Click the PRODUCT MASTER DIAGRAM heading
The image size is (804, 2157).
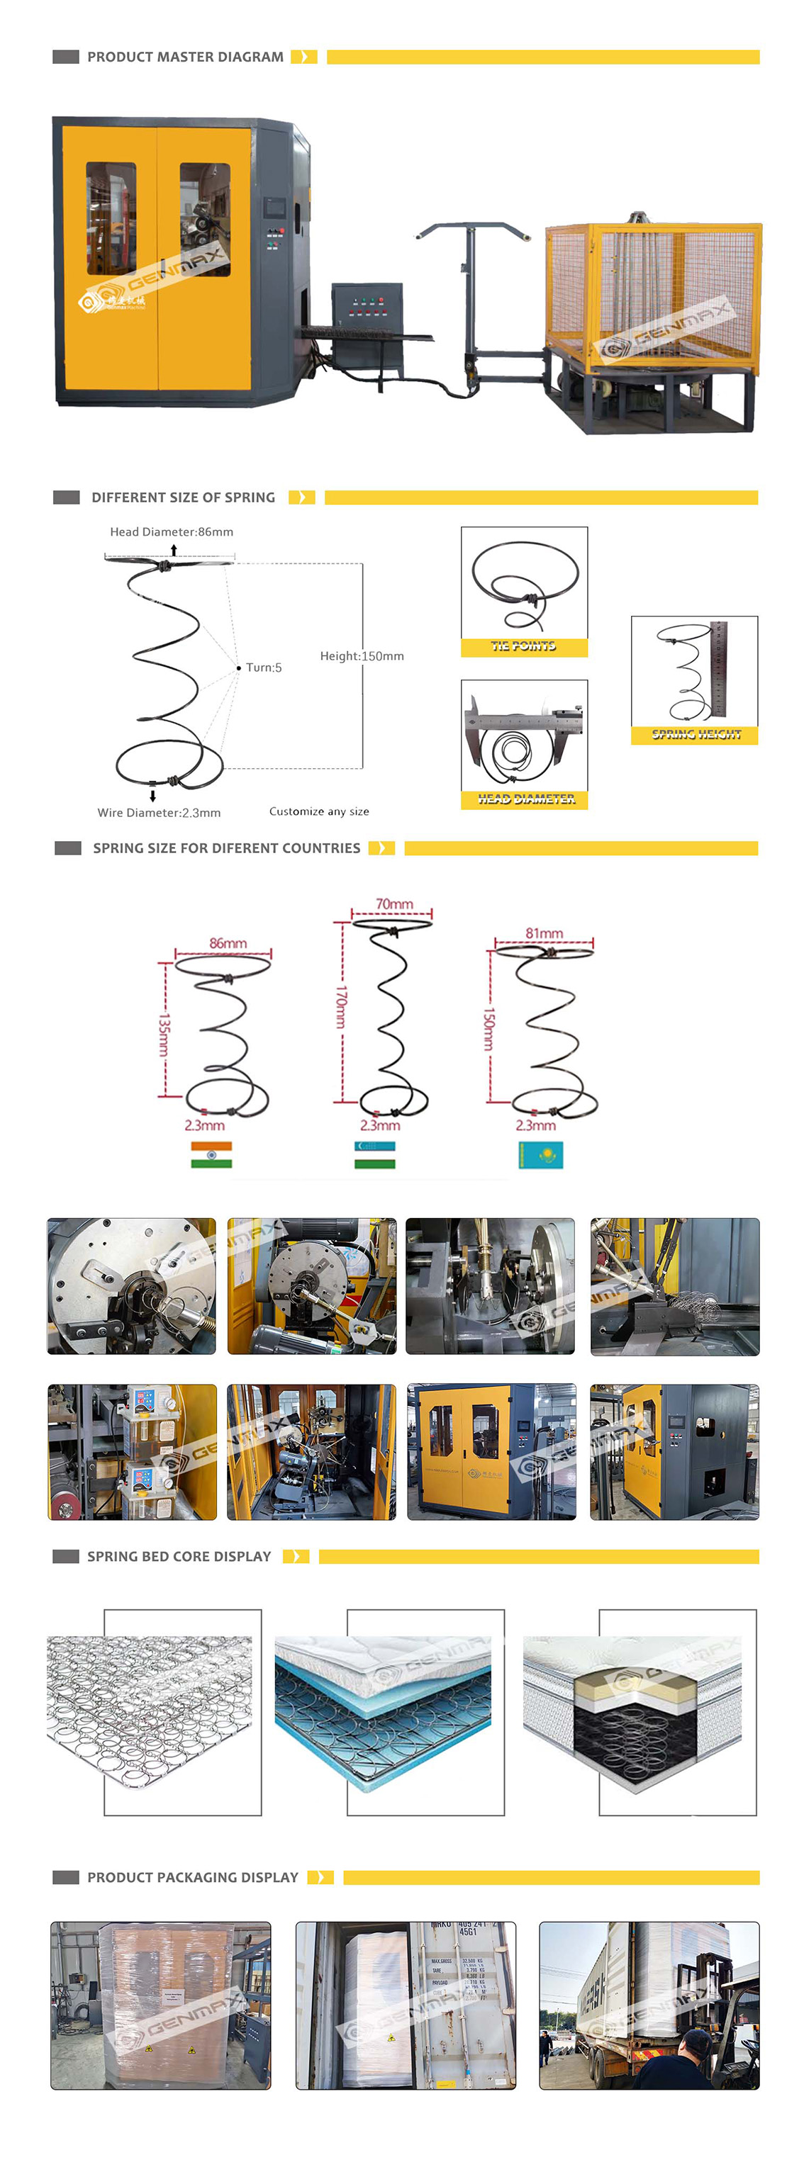[185, 57]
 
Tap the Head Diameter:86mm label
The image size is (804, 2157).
[172, 531]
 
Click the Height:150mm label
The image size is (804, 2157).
[362, 655]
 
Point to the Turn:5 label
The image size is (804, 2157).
[263, 668]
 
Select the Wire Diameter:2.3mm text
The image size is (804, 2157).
[159, 812]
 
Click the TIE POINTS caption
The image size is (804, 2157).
[523, 646]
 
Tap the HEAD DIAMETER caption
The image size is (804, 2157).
[526, 799]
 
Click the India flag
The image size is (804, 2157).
[211, 1155]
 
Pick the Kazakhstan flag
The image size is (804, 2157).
[541, 1155]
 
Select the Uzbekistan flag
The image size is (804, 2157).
[374, 1155]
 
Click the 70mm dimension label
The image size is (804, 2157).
[393, 904]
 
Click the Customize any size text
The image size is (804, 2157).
[319, 811]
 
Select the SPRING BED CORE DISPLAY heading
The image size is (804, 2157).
[179, 1556]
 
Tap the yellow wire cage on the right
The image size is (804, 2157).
[653, 297]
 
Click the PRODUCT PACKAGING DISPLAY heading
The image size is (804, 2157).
[193, 1877]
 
